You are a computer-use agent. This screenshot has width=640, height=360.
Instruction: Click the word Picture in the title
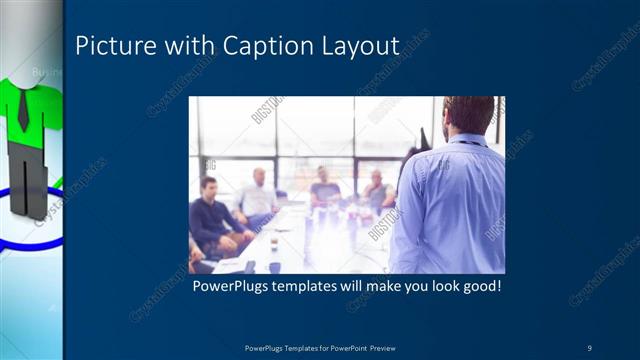(x=109, y=46)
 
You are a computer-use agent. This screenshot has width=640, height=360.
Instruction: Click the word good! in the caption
(x=476, y=287)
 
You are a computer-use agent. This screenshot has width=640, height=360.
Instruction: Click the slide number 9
(x=589, y=347)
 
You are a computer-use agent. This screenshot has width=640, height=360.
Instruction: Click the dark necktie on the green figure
(x=22, y=111)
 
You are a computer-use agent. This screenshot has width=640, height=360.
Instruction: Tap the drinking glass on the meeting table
(x=273, y=244)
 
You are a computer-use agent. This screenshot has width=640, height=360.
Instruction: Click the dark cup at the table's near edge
(x=274, y=267)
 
